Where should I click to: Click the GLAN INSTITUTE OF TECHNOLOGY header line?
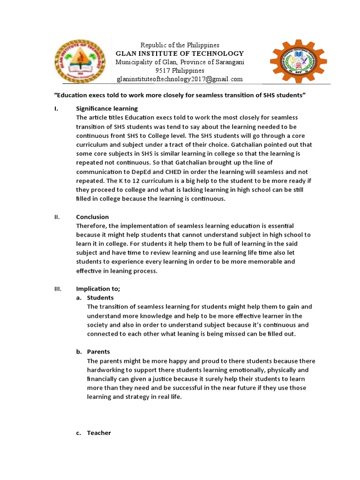click(180, 53)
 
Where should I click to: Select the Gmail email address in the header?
click(180, 79)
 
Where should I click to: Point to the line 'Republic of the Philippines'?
click(180, 45)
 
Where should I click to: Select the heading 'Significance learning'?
click(107, 108)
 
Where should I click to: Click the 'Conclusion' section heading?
click(92, 217)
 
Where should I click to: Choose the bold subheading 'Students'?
click(100, 298)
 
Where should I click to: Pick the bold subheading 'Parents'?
click(98, 352)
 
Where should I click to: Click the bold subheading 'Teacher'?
click(99, 433)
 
